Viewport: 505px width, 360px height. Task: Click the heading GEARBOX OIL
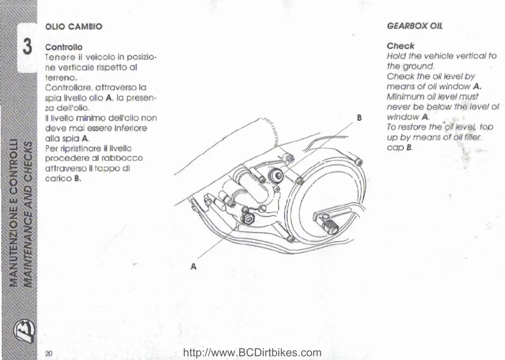[x=415, y=26]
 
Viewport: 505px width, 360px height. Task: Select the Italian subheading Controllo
[x=63, y=47]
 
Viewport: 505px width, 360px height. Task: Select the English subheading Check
[x=400, y=46]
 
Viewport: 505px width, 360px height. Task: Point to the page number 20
[x=48, y=353]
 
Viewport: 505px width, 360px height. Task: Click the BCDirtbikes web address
[x=253, y=353]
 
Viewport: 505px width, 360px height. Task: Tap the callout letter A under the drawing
[x=194, y=267]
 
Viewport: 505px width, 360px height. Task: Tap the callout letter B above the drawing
[x=359, y=118]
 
